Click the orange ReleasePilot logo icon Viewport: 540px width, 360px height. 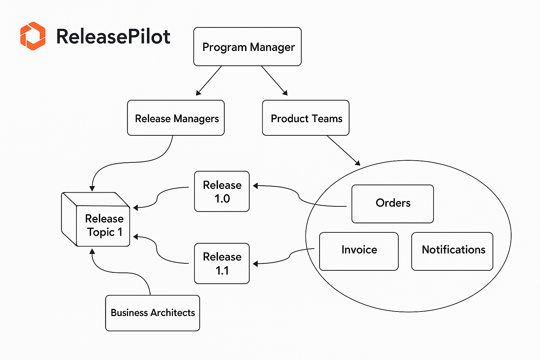pyautogui.click(x=33, y=36)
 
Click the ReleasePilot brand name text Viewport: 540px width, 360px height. pyautogui.click(x=113, y=37)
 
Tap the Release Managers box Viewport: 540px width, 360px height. pyautogui.click(x=176, y=118)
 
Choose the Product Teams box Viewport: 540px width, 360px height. pyautogui.click(x=306, y=118)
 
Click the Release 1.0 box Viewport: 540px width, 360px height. pyautogui.click(x=222, y=192)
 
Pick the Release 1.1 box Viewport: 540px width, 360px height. pyautogui.click(x=222, y=263)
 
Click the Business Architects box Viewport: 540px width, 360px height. pyautogui.click(x=153, y=313)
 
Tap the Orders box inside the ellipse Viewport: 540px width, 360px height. pyautogui.click(x=392, y=204)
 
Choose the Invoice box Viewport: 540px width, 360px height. pyautogui.click(x=359, y=251)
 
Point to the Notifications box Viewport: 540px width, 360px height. pyautogui.click(x=452, y=251)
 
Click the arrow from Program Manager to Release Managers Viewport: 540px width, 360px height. pyautogui.click(x=209, y=81)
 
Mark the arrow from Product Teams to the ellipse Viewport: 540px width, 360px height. pyautogui.click(x=343, y=150)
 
